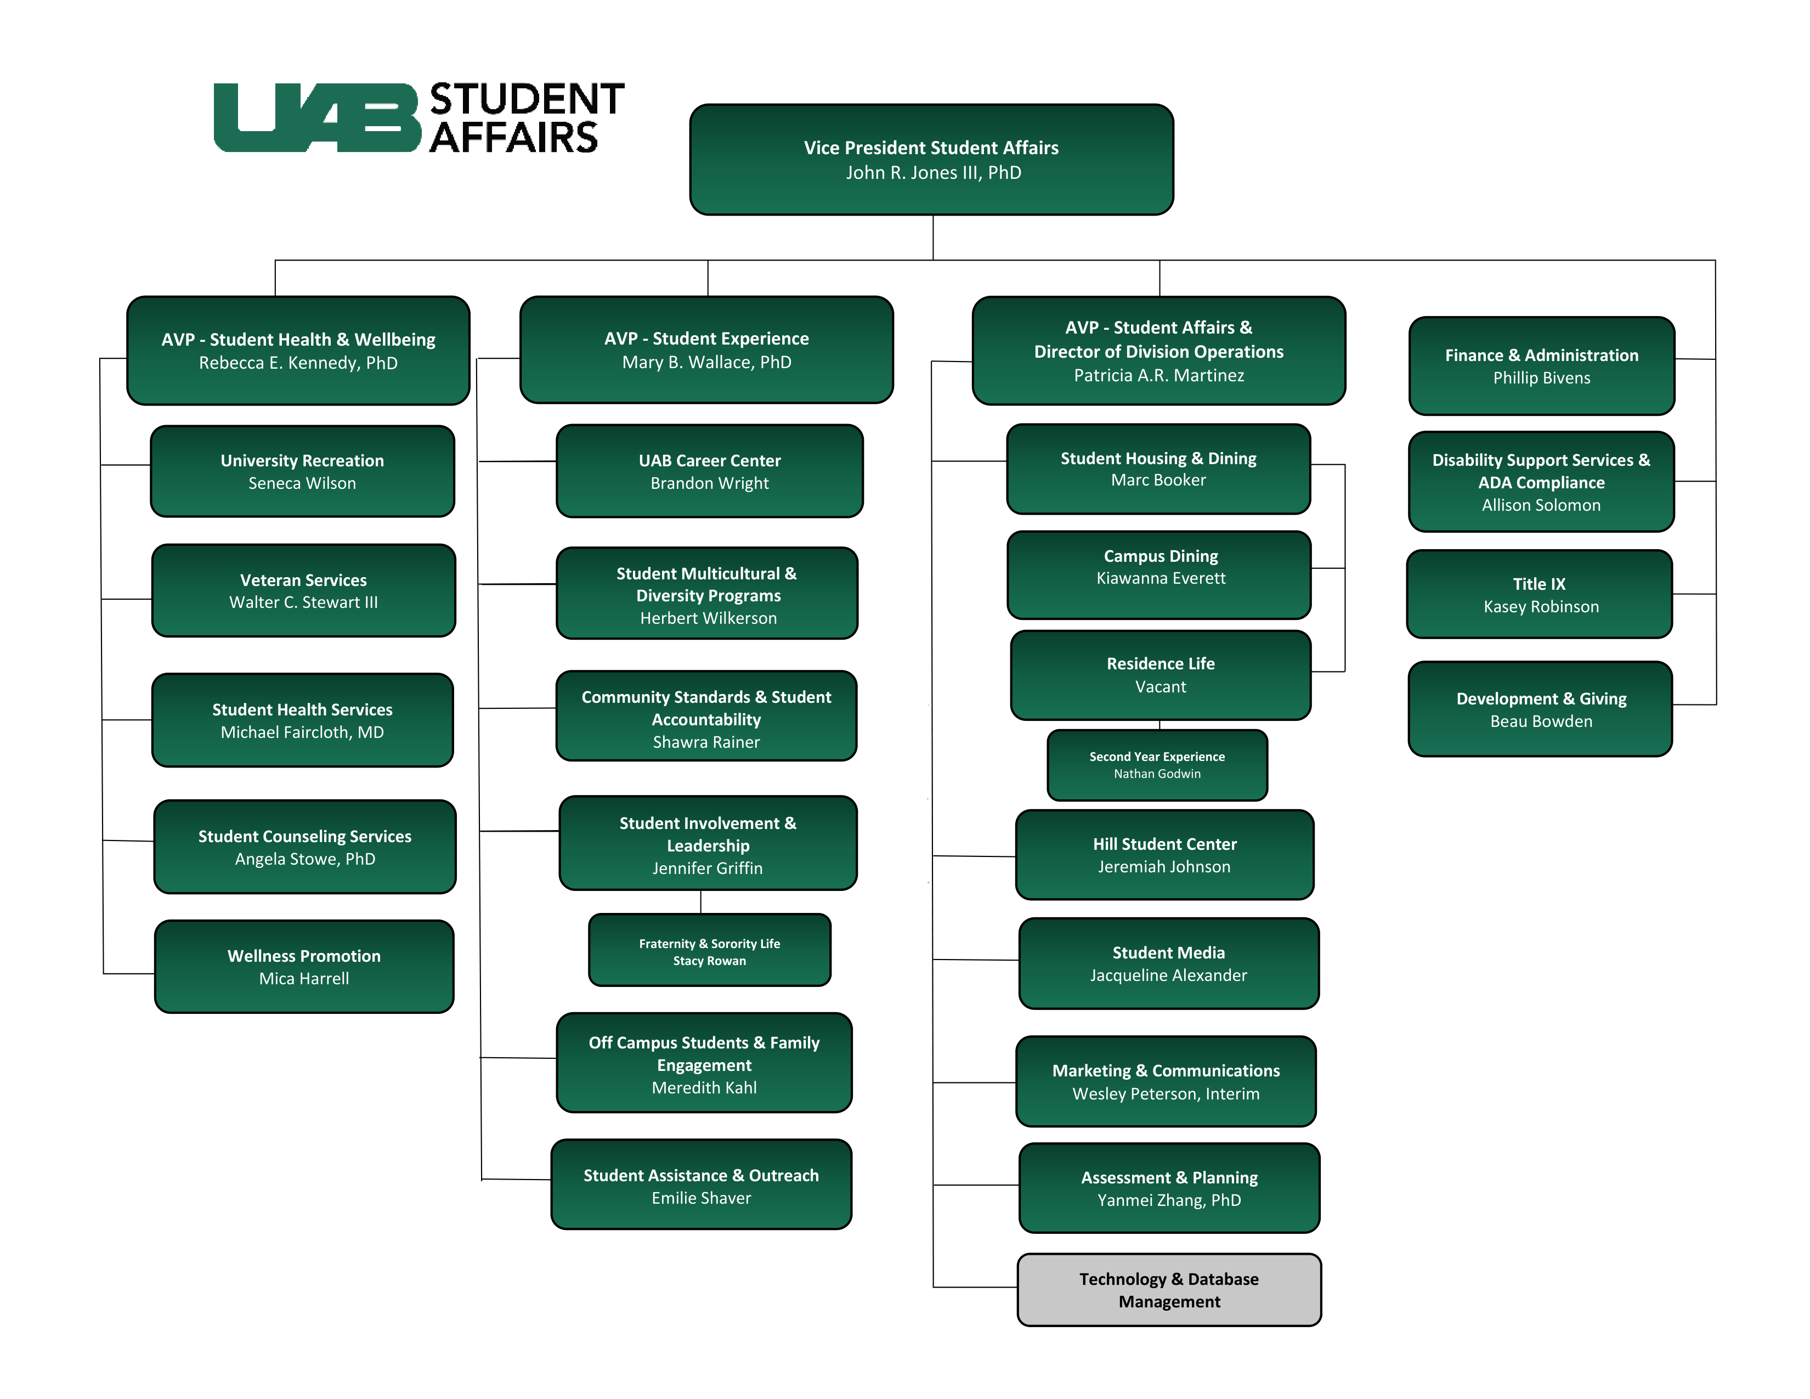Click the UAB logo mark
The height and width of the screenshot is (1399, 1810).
tap(318, 118)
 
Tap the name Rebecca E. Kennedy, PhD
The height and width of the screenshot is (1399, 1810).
tap(298, 363)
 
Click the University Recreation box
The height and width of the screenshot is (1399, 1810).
tap(303, 472)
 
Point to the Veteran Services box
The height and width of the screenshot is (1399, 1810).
tap(303, 590)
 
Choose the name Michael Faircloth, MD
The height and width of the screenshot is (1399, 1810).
tap(303, 732)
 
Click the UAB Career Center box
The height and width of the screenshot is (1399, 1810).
tap(709, 472)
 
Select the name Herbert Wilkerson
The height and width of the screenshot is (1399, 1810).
tap(708, 618)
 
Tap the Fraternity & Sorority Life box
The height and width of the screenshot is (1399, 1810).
tap(709, 951)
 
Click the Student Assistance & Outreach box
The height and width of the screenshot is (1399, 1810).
tap(701, 1185)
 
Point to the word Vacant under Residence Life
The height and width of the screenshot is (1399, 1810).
tap(1160, 687)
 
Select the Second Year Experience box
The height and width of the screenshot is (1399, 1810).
tap(1157, 765)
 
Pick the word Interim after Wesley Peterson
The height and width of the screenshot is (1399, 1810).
tap(1232, 1094)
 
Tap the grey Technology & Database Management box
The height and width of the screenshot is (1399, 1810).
tap(1168, 1290)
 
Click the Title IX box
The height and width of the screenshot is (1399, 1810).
tap(1540, 594)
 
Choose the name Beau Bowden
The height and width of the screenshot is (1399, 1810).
tap(1541, 722)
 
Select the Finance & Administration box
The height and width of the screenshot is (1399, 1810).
tap(1541, 366)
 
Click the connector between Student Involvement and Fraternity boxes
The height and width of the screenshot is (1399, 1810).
tap(701, 902)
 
